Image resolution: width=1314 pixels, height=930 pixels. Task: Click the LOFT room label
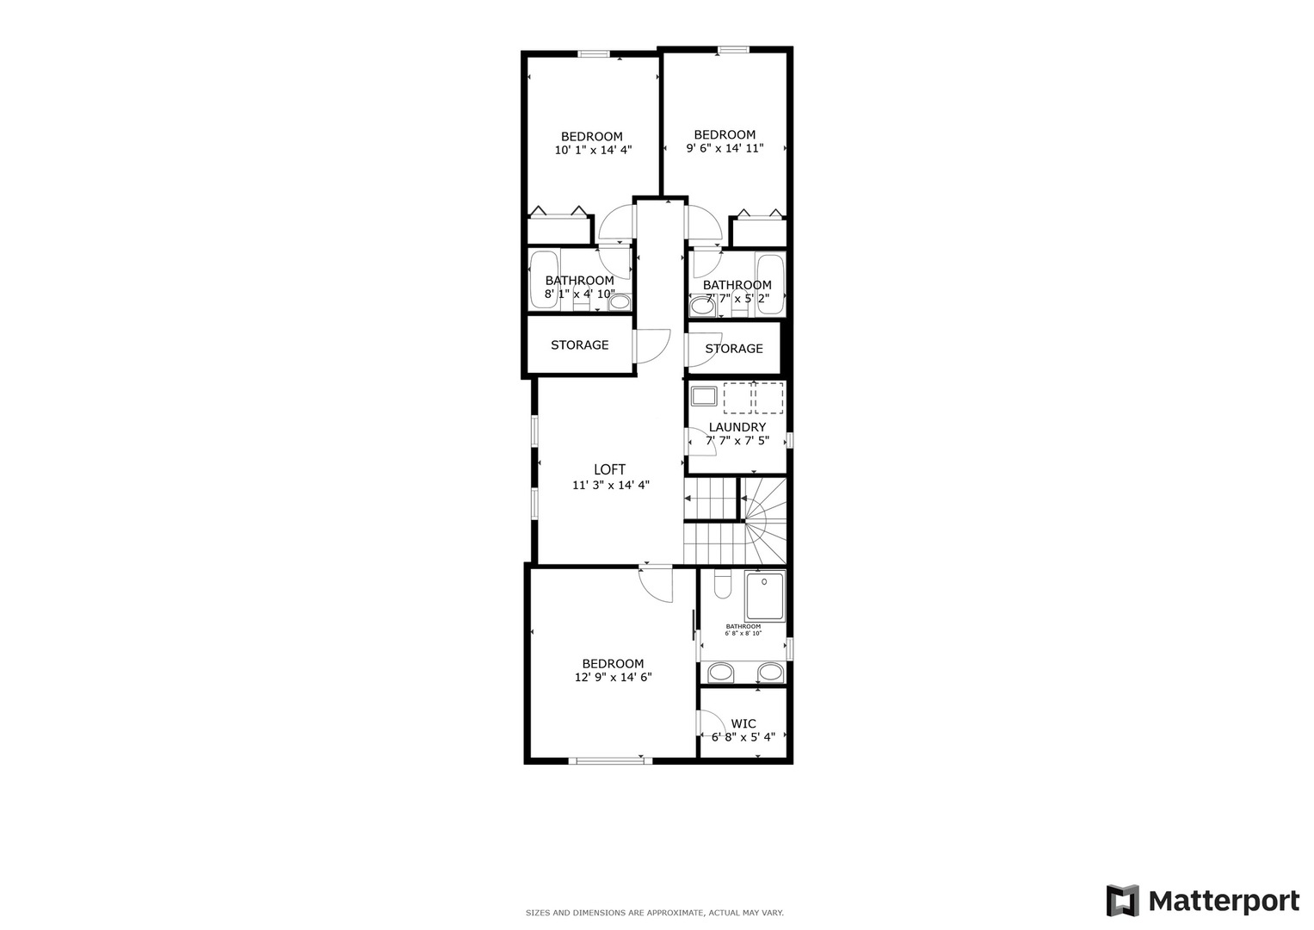609,469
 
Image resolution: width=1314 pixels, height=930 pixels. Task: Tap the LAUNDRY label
737,427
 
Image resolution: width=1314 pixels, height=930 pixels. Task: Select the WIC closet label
743,723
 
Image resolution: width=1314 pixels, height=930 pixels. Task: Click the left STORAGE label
579,344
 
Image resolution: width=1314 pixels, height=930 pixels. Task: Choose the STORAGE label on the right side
733,349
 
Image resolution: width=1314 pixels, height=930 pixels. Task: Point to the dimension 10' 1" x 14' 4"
593,150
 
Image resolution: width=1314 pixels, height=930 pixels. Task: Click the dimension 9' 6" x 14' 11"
725,148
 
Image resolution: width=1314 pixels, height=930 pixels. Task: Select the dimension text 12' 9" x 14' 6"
613,677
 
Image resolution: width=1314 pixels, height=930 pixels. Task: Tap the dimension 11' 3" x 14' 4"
610,485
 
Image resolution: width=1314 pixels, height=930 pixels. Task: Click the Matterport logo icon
1122,901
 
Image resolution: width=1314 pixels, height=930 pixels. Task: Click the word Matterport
1224,902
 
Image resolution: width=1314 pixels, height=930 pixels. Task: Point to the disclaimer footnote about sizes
654,913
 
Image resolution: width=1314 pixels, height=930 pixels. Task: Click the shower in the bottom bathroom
765,596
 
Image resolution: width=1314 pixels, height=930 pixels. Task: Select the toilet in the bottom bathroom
722,586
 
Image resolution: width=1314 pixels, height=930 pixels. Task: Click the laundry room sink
704,397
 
